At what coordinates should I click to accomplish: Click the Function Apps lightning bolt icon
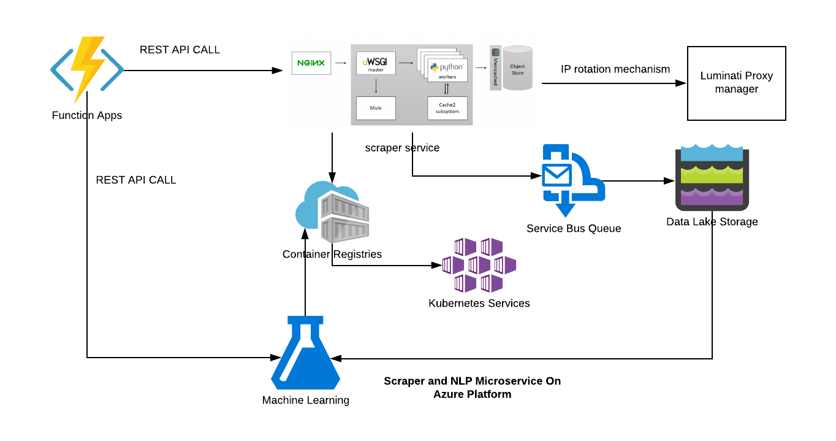click(87, 69)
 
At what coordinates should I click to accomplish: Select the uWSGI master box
click(376, 63)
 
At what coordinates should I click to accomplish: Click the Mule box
click(376, 108)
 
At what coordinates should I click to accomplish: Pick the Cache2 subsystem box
click(447, 108)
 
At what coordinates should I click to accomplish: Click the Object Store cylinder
click(518, 67)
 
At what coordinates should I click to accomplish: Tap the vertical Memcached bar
click(496, 68)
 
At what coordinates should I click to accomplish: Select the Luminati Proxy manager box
click(736, 83)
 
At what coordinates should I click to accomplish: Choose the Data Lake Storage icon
click(712, 178)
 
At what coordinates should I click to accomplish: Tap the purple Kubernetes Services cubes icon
click(479, 265)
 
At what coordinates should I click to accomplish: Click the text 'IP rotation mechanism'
click(615, 69)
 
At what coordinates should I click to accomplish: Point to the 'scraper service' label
click(402, 148)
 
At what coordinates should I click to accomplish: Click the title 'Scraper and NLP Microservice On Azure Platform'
click(472, 388)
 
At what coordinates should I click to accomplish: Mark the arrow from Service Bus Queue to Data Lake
click(637, 181)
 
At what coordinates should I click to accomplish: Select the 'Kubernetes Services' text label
click(479, 303)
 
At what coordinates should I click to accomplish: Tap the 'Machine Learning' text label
click(305, 401)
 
